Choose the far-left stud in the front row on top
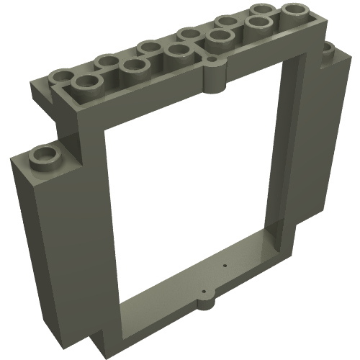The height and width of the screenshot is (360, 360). [85, 82]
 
